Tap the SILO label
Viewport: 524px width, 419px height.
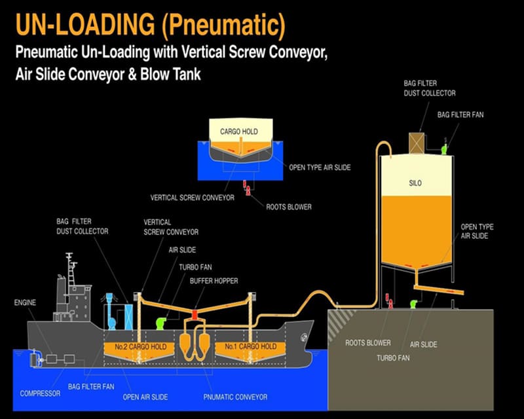pyautogui.click(x=415, y=183)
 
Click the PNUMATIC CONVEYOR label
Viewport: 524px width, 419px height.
pyautogui.click(x=242, y=397)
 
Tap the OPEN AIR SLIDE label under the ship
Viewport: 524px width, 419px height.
pyautogui.click(x=146, y=397)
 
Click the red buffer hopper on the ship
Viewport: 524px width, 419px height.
pyautogui.click(x=195, y=315)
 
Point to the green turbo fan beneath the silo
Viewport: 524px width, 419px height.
pyautogui.click(x=414, y=304)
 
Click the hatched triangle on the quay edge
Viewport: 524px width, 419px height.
pyautogui.click(x=341, y=321)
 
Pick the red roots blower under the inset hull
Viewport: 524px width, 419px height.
pyautogui.click(x=246, y=189)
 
